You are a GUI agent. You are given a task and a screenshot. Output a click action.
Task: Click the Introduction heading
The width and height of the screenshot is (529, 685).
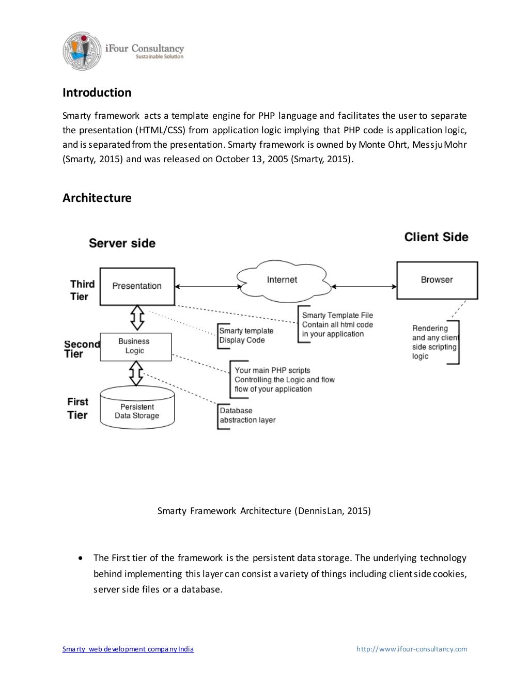click(97, 93)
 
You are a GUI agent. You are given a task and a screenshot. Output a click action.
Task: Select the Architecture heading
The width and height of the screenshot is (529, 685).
click(97, 198)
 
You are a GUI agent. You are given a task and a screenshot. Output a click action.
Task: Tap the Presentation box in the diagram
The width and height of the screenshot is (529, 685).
click(137, 286)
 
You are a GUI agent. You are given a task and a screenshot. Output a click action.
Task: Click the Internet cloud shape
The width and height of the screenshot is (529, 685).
click(282, 280)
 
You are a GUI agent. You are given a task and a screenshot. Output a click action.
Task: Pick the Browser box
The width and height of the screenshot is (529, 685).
click(437, 279)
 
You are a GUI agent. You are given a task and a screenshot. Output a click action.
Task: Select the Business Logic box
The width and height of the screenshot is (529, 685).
click(135, 346)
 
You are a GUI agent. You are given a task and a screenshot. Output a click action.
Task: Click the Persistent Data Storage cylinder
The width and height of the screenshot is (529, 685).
click(137, 411)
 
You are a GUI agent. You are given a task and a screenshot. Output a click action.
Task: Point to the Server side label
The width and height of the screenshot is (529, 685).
click(122, 243)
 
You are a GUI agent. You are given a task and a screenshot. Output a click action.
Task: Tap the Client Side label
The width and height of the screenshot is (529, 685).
click(436, 237)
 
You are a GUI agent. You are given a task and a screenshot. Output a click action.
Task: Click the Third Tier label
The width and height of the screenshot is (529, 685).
click(82, 290)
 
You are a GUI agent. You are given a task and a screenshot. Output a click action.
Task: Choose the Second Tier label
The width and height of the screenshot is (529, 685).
click(81, 349)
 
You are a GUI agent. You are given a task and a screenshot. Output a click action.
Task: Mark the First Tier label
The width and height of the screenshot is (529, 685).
click(77, 408)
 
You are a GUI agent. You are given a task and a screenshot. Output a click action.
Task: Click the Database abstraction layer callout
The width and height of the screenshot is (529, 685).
click(247, 415)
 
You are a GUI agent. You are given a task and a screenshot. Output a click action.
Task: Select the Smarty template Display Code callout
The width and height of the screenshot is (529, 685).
click(246, 335)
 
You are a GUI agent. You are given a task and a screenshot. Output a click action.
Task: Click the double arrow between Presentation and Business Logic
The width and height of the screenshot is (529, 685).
click(137, 318)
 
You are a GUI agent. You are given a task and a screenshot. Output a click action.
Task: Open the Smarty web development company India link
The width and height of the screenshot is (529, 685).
click(128, 649)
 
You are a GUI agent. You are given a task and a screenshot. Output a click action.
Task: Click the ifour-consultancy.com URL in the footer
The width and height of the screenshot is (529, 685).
click(412, 649)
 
